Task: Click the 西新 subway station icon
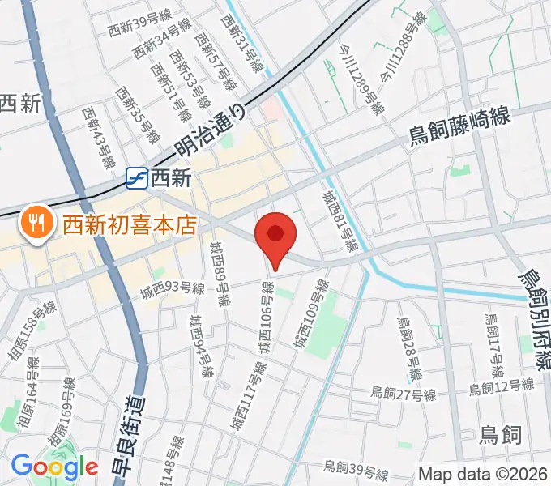tap(136, 177)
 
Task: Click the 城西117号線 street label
tap(247, 397)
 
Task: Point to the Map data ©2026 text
tap(481, 475)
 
